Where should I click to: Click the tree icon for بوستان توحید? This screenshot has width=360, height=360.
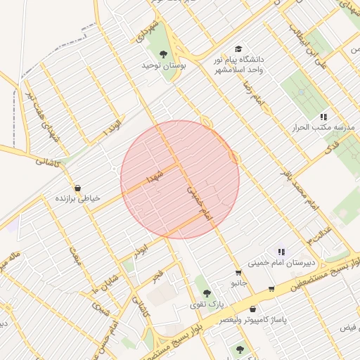pos(164,53)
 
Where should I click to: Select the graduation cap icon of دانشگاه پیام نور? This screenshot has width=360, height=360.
pos(238,49)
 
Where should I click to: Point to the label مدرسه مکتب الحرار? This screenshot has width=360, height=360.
pos(324,127)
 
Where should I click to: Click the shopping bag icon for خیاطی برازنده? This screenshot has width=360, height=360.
pos(77,188)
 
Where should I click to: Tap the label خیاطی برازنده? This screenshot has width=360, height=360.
pos(78,199)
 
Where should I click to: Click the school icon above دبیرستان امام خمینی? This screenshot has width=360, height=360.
pos(281,251)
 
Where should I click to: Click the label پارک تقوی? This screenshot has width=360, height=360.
pos(207,304)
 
